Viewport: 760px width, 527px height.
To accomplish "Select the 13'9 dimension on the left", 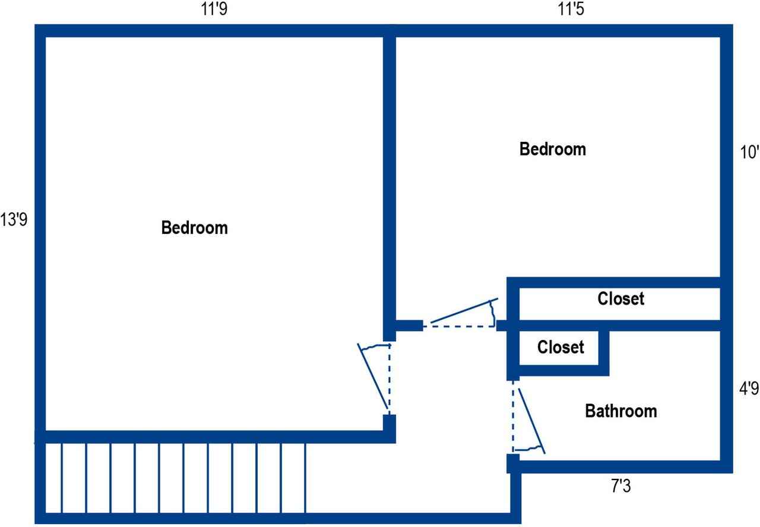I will click(x=14, y=220).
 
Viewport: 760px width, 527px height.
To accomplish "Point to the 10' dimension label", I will click(x=749, y=153).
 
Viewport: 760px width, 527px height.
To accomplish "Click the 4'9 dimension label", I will click(x=748, y=389).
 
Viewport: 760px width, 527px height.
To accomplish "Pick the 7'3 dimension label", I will click(x=621, y=487).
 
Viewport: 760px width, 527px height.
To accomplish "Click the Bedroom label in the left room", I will click(x=194, y=228).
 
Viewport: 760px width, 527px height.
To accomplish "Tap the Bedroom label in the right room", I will click(x=552, y=149).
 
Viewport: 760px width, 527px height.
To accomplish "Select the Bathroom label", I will click(x=621, y=411).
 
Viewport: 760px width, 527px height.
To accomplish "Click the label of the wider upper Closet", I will click(x=620, y=299).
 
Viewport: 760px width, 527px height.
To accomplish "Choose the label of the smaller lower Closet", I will click(x=560, y=347).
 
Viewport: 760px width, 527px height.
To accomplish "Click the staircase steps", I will click(x=172, y=478).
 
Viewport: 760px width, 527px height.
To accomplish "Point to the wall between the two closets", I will click(x=617, y=325).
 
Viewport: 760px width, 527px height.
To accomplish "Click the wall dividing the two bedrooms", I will click(x=389, y=178).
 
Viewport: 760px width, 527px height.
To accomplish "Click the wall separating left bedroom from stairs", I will click(x=214, y=437).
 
